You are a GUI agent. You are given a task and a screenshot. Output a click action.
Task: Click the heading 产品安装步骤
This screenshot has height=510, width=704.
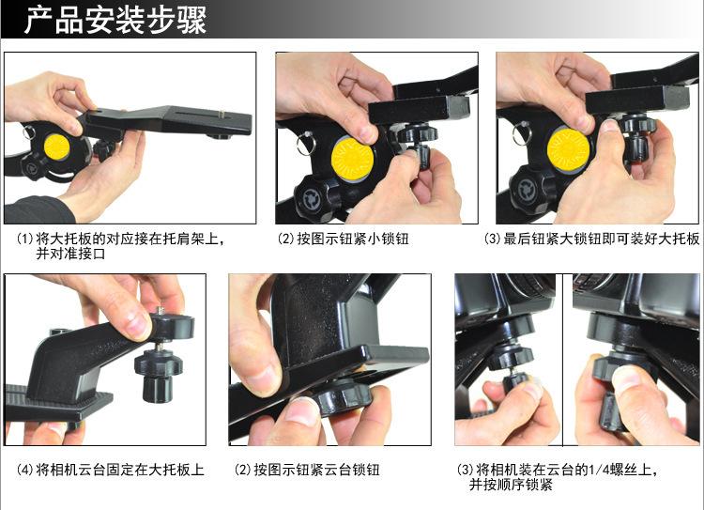tap(115, 20)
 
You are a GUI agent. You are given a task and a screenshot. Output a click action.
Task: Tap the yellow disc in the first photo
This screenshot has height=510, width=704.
tap(56, 147)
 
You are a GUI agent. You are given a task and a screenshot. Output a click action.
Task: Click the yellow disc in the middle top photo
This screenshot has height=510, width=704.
tap(352, 159)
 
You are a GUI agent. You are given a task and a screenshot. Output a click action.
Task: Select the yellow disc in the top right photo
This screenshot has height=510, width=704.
tap(569, 149)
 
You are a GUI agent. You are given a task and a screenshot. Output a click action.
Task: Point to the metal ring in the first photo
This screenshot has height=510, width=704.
tap(28, 131)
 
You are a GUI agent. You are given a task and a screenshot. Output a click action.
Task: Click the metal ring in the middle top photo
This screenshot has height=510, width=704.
tap(305, 143)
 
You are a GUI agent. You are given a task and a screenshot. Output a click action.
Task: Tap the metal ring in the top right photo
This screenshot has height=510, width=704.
tap(522, 133)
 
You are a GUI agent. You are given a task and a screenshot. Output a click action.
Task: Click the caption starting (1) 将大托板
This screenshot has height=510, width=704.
tap(120, 246)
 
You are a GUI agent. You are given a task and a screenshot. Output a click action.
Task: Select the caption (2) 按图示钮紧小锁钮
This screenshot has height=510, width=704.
tap(343, 239)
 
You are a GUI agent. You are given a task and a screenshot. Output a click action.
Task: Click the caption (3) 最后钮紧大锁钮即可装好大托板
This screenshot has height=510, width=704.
tap(591, 239)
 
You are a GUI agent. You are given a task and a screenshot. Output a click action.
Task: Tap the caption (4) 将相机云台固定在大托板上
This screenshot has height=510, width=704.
tap(111, 470)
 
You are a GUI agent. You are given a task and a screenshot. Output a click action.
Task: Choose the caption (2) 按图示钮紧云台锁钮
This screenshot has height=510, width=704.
tap(307, 470)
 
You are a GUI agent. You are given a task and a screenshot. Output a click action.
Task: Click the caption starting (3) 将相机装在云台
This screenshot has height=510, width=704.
tap(558, 477)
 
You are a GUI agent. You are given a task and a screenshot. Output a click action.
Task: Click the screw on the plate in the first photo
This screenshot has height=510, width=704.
tap(222, 115)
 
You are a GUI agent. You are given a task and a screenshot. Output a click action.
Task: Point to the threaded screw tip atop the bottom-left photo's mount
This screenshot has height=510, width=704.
tap(161, 311)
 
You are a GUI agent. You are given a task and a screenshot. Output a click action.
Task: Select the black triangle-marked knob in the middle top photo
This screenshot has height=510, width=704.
tap(312, 197)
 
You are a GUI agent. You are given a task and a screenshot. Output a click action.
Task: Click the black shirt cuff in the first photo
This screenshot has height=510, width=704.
tap(38, 210)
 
